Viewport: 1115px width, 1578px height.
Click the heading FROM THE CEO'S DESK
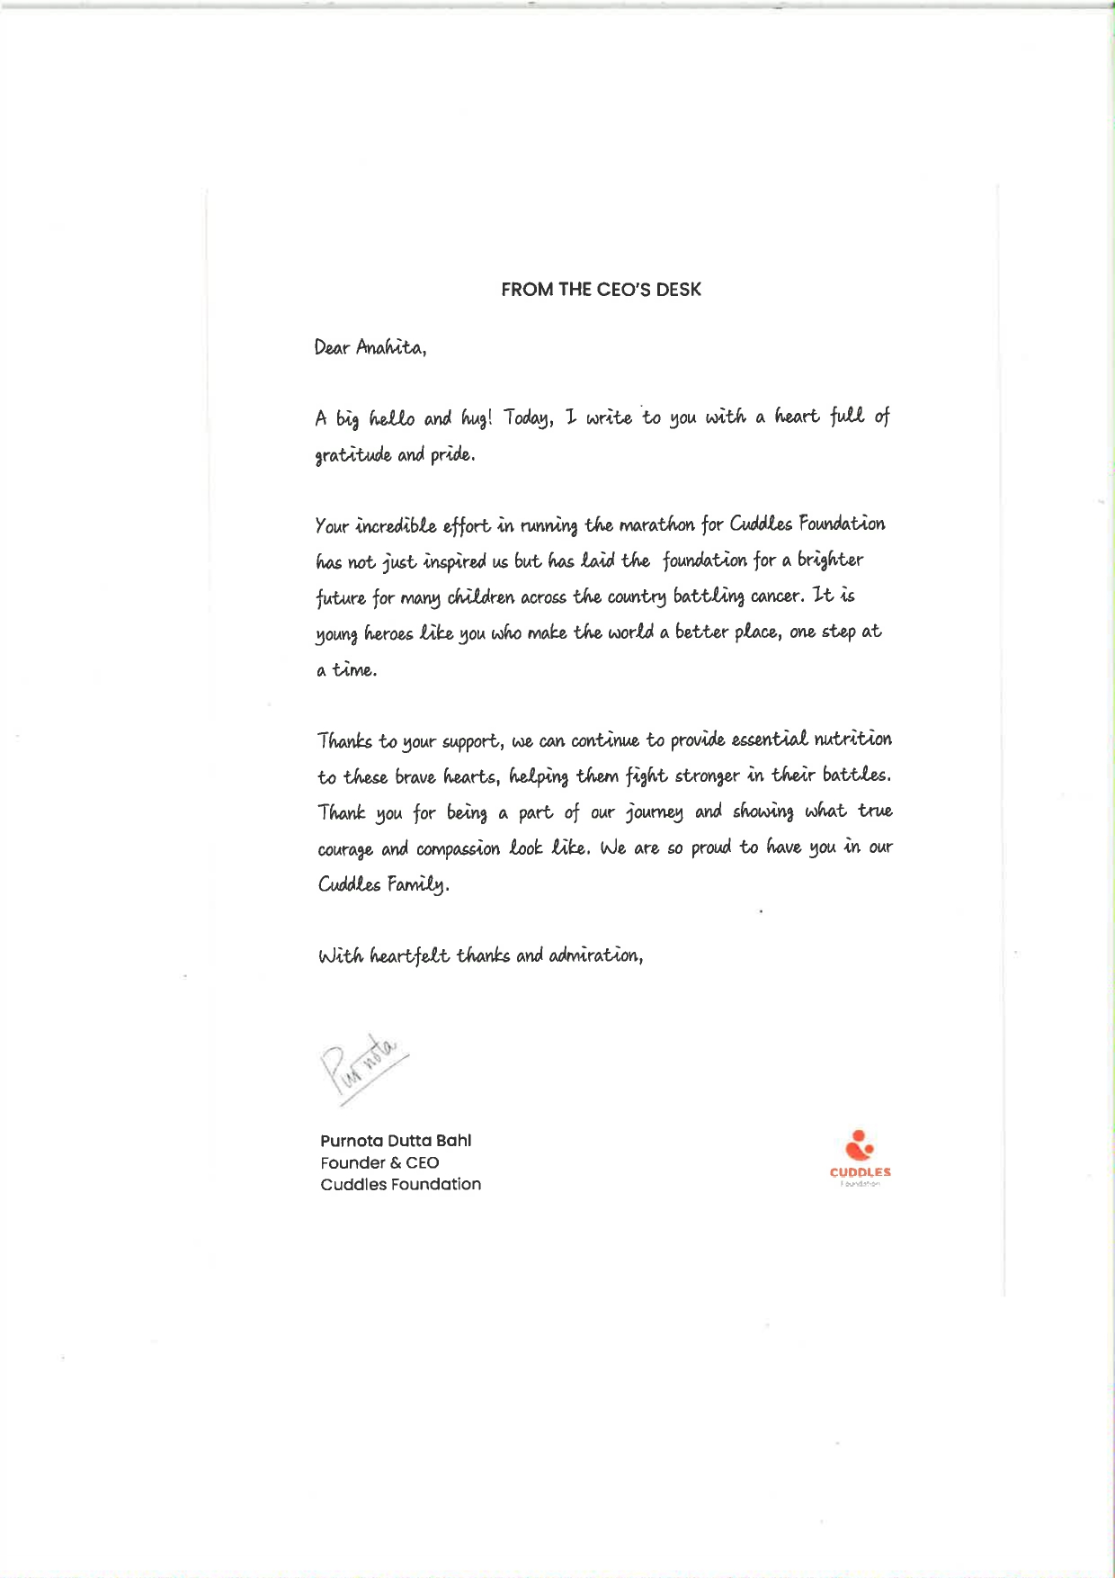tap(601, 290)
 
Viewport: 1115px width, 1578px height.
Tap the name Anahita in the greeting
tap(389, 347)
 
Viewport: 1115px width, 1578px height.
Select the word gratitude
tap(353, 455)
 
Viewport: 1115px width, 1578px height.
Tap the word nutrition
tap(852, 740)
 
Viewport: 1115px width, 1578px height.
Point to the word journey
tap(655, 813)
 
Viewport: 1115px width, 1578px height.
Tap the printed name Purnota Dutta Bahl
tap(396, 1141)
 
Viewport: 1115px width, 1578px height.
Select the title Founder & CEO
tap(379, 1162)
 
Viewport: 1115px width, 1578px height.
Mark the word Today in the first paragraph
tap(527, 418)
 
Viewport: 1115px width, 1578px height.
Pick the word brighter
tap(830, 560)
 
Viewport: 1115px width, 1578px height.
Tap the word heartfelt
tap(410, 955)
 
